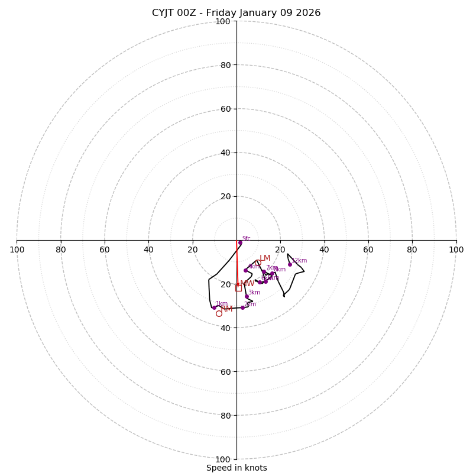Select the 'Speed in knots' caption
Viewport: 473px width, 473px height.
(237, 468)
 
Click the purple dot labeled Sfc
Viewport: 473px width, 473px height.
(240, 242)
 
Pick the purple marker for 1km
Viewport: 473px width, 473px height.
(214, 307)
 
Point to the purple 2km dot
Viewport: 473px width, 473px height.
(242, 307)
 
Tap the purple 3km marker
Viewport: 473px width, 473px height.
(247, 296)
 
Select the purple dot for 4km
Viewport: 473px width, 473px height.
(245, 270)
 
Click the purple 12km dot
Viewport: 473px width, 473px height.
(290, 264)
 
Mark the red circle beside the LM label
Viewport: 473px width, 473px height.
(258, 263)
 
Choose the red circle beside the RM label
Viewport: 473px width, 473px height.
(219, 313)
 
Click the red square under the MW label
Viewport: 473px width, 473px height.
(238, 288)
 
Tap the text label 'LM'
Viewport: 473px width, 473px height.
(265, 258)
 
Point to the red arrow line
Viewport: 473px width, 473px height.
(237, 266)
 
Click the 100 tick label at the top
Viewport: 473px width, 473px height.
(223, 21)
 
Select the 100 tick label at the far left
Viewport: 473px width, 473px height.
(17, 250)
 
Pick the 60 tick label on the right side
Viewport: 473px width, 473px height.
(368, 250)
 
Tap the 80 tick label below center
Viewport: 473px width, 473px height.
(223, 415)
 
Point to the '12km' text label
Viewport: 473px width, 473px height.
(299, 260)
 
